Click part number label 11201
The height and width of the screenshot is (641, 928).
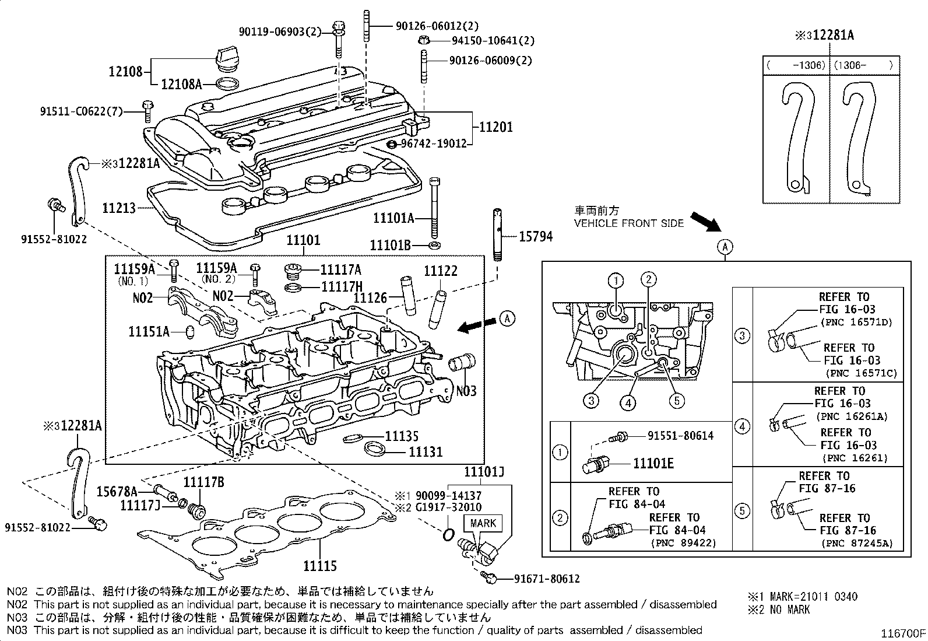coord(496,127)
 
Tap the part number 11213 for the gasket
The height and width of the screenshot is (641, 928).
coord(119,208)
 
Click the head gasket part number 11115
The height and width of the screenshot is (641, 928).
coord(320,565)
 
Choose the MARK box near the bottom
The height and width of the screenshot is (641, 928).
coord(483,523)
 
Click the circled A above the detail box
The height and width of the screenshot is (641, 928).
coord(725,247)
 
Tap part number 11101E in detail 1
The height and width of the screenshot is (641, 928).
coord(653,463)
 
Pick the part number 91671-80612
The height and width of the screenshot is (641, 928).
coord(547,579)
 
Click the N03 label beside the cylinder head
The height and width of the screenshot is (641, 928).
coord(466,390)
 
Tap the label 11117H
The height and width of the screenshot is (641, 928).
coord(341,287)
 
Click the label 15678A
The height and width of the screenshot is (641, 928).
coord(117,491)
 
